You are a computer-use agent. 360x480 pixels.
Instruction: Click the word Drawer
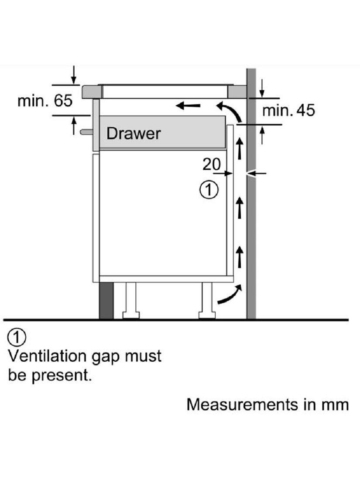point(134,134)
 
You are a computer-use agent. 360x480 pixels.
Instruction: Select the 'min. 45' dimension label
point(288,110)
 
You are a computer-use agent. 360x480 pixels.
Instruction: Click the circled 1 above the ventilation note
point(17,337)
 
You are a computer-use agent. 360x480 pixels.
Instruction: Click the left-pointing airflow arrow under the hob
point(189,106)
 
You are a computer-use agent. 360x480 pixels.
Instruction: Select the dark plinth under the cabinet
point(106,301)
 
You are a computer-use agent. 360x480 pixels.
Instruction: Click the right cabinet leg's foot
point(207,315)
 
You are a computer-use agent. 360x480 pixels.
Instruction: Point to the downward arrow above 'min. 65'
point(74,75)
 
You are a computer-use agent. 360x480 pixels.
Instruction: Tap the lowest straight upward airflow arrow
point(239,257)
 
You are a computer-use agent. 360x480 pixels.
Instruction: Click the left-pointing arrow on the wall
point(258,173)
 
